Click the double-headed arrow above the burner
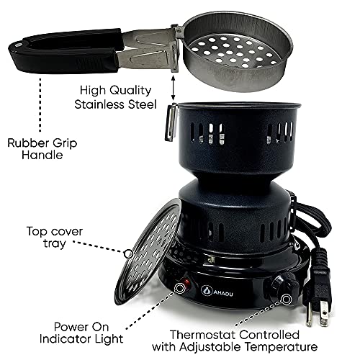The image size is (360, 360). click(x=174, y=90)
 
